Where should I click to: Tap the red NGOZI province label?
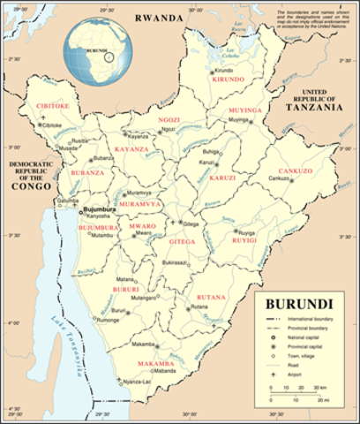tap(168, 119)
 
